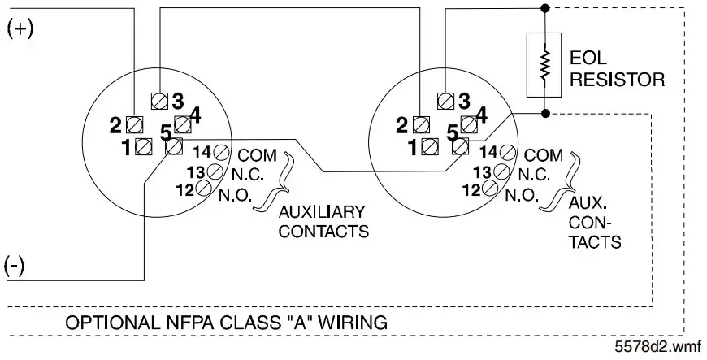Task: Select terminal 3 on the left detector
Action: coord(160,101)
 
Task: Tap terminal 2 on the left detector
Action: coord(135,125)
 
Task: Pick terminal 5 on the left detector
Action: coord(172,147)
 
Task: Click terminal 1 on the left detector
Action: coord(144,147)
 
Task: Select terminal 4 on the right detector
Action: coord(468,124)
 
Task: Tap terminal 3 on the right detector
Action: coord(445,101)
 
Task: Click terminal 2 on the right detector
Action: coord(420,125)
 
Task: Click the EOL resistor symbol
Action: coord(544,64)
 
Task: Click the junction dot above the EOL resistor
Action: coord(544,8)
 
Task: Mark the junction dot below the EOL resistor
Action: coord(544,113)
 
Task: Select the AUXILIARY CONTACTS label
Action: coord(323,221)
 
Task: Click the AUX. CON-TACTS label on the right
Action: coord(596,221)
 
